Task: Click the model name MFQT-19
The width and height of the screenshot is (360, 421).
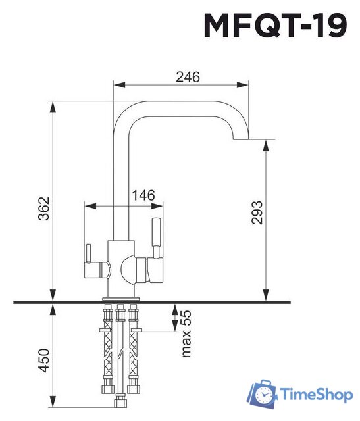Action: point(275,25)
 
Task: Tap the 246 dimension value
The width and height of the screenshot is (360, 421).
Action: point(188,77)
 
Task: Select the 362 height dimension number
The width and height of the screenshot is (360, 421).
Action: point(44,209)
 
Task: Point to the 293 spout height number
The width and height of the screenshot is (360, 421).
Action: point(257,212)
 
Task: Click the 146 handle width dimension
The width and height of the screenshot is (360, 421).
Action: point(143,195)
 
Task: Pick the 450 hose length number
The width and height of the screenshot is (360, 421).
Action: point(44,360)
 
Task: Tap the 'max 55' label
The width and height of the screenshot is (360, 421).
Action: point(186,334)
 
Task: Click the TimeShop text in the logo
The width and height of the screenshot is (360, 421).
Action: point(316,395)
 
